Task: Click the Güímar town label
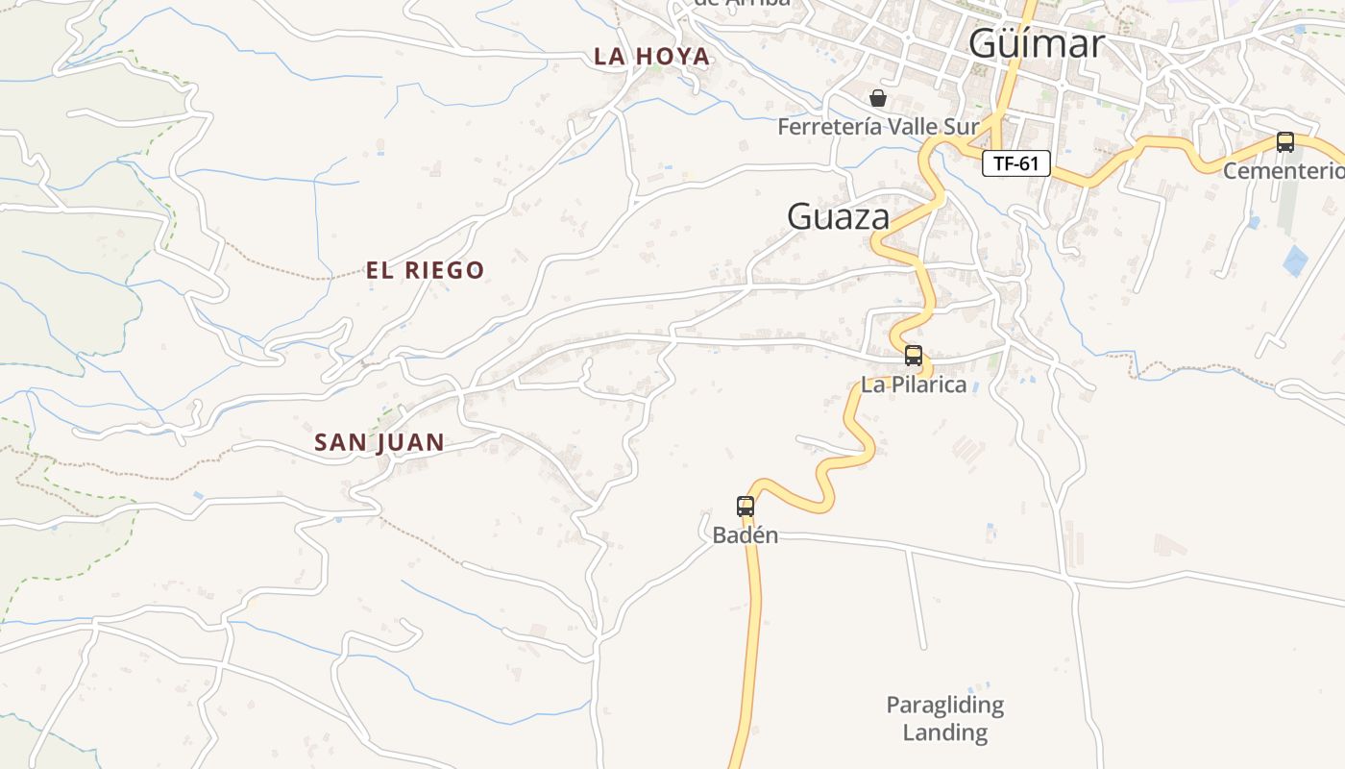tap(1036, 44)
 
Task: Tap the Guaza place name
tap(838, 216)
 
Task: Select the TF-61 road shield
tap(1015, 163)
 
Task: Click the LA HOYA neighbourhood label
tap(652, 57)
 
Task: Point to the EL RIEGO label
tap(425, 270)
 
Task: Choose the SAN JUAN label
tap(379, 442)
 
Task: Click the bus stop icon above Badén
tap(745, 506)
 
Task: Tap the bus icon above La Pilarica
tap(913, 356)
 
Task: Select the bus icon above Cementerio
tap(1284, 142)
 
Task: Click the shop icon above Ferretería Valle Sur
tap(877, 98)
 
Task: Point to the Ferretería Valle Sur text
tap(877, 126)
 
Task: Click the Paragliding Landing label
tap(944, 718)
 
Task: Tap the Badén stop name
tap(745, 535)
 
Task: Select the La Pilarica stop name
tap(913, 384)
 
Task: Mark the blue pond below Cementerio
tap(1295, 260)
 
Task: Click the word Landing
tap(944, 732)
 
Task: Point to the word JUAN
tap(410, 442)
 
